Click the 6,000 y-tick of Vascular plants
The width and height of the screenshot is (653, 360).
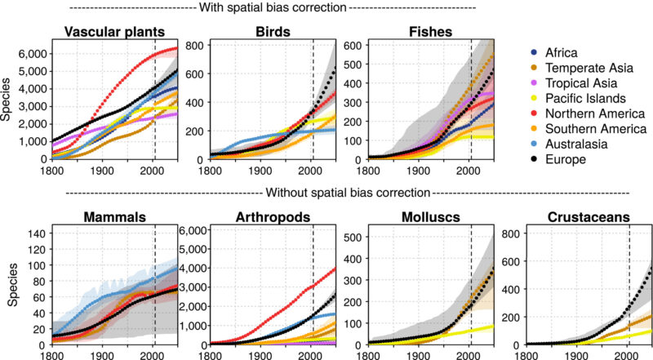tap(29, 53)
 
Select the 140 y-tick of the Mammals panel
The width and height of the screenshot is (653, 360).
tap(35, 233)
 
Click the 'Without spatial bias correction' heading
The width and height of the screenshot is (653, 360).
tap(343, 193)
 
